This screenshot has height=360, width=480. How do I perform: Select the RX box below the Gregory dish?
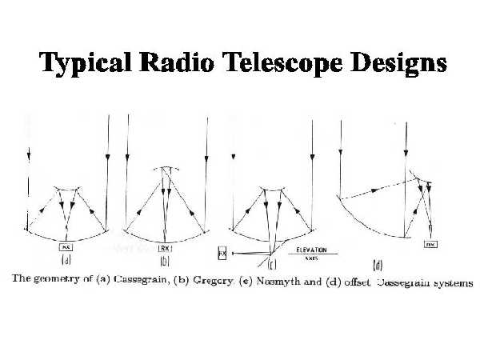click(x=166, y=239)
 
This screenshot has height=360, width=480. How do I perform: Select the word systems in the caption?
click(x=450, y=283)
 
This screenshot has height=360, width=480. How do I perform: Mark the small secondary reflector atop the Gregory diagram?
click(x=166, y=169)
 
